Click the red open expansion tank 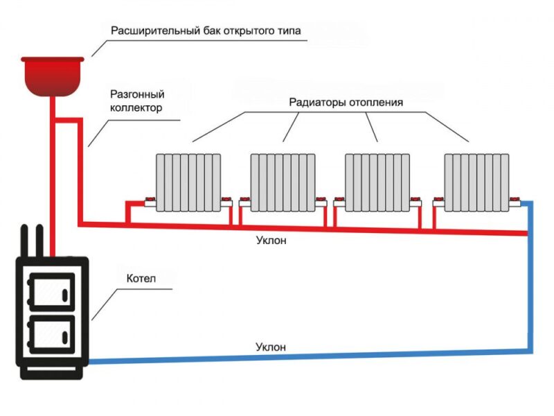tap(53, 76)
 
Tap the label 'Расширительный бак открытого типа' tap(206, 31)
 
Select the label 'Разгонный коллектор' tap(137, 101)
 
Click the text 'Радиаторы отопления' tap(346, 102)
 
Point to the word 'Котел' tap(141, 279)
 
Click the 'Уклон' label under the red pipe tap(271, 241)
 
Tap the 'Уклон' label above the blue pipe tap(271, 347)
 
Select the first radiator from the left tap(188, 182)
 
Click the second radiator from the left tap(283, 182)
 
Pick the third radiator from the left tap(377, 182)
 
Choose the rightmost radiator tap(476, 182)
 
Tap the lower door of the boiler tap(52, 334)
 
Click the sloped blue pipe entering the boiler tap(310, 356)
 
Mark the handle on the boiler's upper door tap(65, 295)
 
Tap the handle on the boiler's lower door tap(65, 337)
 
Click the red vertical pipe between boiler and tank tap(53, 176)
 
